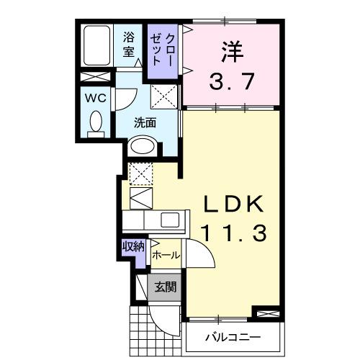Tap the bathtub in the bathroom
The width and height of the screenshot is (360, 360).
(x=96, y=47)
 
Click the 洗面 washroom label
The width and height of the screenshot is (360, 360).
(x=145, y=122)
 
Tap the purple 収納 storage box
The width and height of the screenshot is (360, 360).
(x=133, y=247)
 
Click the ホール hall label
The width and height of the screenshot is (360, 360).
(x=166, y=255)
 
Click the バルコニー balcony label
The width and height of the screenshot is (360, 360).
(x=232, y=337)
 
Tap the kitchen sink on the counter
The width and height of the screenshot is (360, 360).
(x=172, y=220)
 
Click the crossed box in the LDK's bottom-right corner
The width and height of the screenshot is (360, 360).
(x=265, y=314)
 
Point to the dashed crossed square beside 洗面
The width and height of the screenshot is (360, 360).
(x=163, y=95)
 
